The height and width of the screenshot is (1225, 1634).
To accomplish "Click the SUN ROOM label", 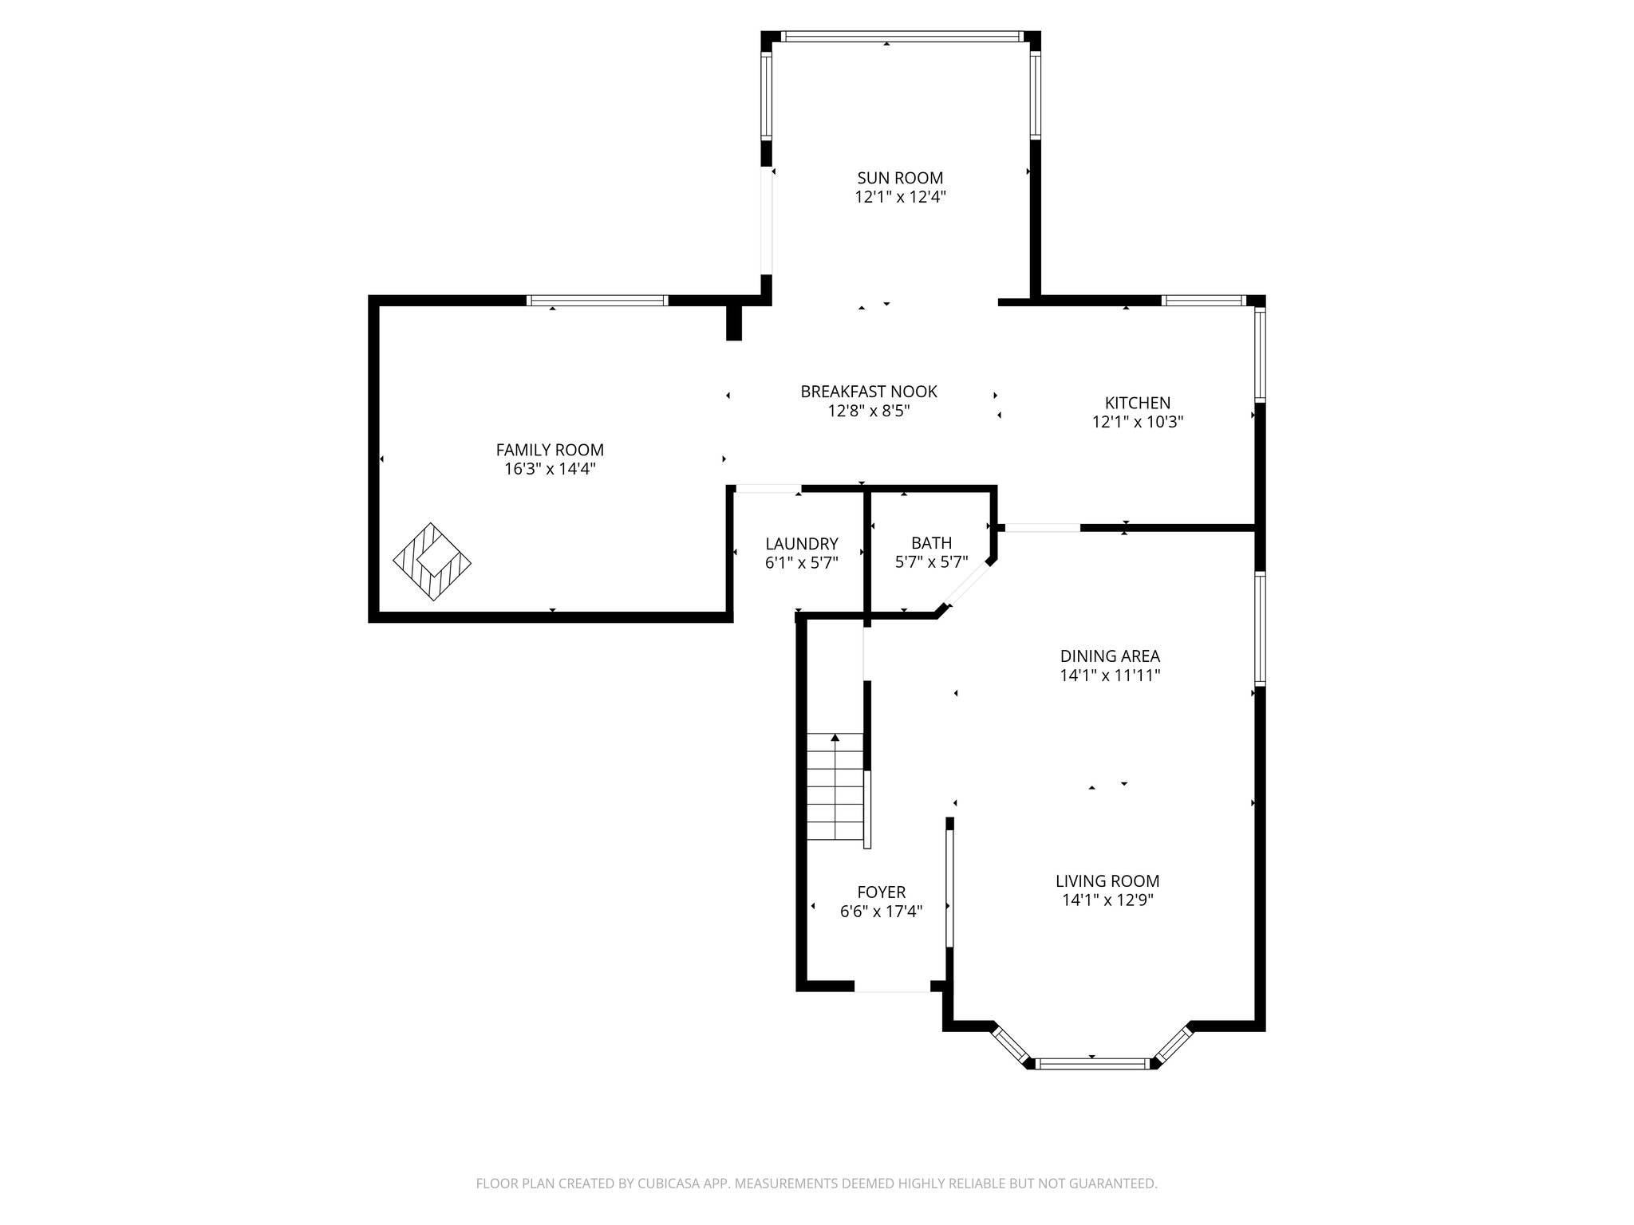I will [x=900, y=178].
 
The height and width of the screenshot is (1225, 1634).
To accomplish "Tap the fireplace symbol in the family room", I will [x=432, y=561].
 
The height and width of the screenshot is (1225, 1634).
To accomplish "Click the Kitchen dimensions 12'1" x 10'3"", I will [x=1137, y=423].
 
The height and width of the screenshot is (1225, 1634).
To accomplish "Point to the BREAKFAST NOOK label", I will [x=868, y=392].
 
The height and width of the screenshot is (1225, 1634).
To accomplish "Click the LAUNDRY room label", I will [x=801, y=544].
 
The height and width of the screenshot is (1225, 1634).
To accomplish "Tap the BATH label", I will [x=931, y=543].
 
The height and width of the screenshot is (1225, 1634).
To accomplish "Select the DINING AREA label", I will [x=1109, y=656].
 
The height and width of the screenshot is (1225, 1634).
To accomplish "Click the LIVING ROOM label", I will [x=1107, y=881].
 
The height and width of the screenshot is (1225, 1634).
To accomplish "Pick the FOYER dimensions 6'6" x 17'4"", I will [x=881, y=912].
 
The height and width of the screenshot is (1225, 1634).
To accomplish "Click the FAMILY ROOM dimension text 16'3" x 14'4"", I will [x=550, y=469].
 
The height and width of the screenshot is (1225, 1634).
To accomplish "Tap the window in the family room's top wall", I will [x=597, y=301].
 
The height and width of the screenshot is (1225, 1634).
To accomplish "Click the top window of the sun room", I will [x=901, y=36].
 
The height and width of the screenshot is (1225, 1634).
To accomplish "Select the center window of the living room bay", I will [x=1091, y=1063].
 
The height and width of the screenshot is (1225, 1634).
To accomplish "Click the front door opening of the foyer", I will [x=892, y=987].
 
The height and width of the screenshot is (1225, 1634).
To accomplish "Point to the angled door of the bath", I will [x=966, y=588].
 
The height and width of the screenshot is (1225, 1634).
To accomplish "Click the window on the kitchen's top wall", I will [x=1203, y=301].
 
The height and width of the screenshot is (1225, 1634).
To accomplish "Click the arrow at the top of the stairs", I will [x=835, y=739].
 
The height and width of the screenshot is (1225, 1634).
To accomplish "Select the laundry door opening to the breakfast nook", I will [x=767, y=488].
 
